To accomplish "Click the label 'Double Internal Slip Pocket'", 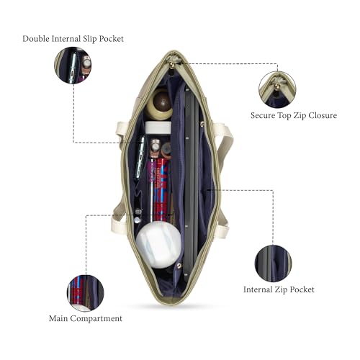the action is (73, 39).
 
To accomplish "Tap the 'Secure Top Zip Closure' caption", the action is (294, 116).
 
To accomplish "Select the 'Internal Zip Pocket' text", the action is (279, 289).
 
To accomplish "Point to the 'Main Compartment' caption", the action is (86, 319).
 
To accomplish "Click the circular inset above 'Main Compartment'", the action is (86, 293).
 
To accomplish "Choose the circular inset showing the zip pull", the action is (277, 89).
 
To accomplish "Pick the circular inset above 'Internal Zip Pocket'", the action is (273, 264).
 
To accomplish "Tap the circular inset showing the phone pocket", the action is (73, 66).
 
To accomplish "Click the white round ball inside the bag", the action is (158, 244).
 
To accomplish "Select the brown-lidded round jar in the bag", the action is (159, 104).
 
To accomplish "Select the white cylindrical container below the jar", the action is (158, 127).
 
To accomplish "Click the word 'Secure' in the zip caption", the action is (263, 116).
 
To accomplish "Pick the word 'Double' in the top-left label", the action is (36, 39).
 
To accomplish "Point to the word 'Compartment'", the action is (96, 319).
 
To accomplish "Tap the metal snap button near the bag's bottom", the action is (179, 266).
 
